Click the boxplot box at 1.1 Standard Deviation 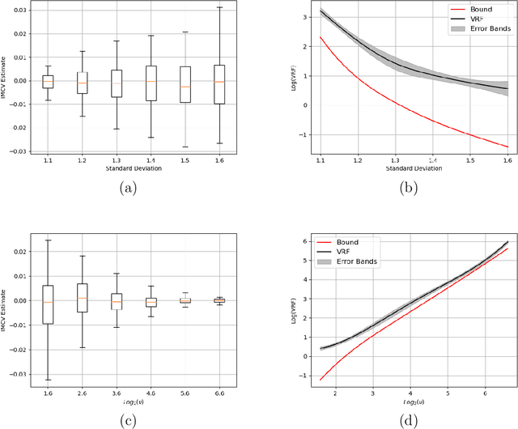(x=48, y=81)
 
